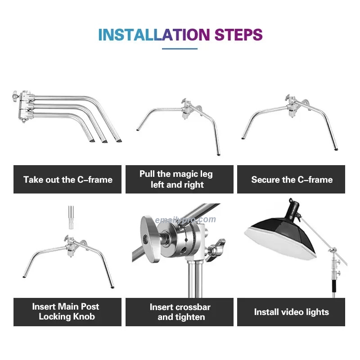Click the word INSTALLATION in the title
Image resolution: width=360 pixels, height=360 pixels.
(154, 35)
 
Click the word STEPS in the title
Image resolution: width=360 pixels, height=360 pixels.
(238, 35)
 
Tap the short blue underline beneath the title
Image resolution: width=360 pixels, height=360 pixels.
(180, 49)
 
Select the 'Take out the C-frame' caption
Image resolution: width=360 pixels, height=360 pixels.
(67, 180)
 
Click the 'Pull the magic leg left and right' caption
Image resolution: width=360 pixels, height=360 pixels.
(180, 179)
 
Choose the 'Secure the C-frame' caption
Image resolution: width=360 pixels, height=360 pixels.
(292, 180)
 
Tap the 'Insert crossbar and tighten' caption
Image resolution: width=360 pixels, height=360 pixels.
(180, 312)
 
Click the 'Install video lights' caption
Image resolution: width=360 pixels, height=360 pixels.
(292, 312)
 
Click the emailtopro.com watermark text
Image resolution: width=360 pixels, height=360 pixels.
(185, 220)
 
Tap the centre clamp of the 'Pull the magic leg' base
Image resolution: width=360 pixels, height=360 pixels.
(187, 110)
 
